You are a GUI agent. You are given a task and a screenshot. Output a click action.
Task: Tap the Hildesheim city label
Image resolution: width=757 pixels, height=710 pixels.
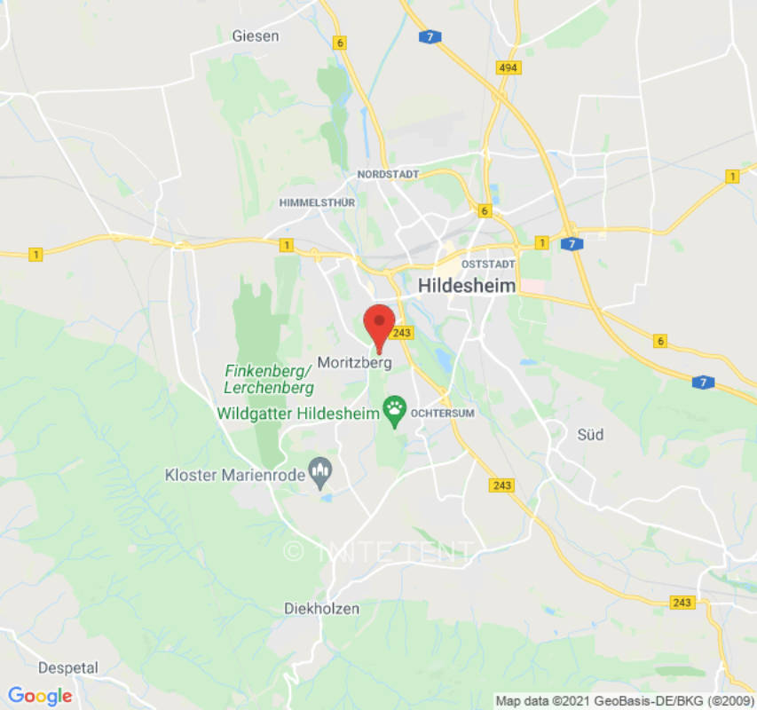click(x=467, y=286)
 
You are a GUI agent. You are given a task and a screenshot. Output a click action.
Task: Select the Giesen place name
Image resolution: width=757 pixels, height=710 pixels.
click(x=255, y=36)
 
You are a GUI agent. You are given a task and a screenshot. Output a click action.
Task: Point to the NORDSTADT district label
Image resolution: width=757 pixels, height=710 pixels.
click(x=388, y=175)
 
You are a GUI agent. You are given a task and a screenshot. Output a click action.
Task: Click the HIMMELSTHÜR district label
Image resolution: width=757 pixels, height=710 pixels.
click(x=317, y=202)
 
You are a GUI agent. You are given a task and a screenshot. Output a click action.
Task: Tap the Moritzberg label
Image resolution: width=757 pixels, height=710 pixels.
click(x=354, y=363)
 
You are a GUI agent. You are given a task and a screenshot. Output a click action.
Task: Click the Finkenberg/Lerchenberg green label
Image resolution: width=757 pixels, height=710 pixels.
click(x=269, y=380)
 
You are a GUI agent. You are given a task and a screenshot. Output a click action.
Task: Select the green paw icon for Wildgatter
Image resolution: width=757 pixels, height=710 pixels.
click(x=394, y=409)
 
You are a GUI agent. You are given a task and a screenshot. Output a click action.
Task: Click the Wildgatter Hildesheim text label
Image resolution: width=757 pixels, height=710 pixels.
click(x=297, y=414)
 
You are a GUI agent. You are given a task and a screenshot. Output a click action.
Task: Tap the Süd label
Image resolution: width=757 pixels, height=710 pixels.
click(x=590, y=434)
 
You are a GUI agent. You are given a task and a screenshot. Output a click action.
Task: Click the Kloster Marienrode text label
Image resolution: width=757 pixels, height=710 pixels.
click(x=233, y=475)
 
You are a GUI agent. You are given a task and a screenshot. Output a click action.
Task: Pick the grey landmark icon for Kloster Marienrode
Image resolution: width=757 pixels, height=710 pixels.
click(x=319, y=472)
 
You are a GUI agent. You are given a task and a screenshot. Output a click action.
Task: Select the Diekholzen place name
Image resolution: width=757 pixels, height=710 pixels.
click(x=321, y=609)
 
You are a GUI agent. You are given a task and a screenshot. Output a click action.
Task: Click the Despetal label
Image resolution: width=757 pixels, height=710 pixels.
click(x=68, y=667)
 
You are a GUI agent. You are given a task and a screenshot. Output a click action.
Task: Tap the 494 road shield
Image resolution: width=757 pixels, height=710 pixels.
click(x=509, y=67)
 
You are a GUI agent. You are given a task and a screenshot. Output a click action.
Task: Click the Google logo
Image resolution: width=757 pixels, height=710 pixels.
click(x=39, y=696)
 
